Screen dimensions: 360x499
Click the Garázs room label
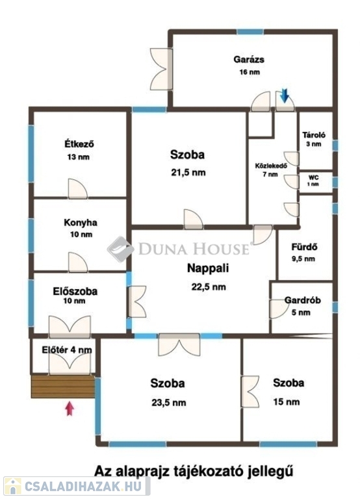point(249,60)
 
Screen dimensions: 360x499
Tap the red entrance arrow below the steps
point(70,409)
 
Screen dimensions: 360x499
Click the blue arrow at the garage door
point(284,96)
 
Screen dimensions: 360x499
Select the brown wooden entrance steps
point(63,387)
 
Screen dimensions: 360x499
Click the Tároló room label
point(314,135)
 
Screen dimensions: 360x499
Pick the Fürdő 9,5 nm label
point(304,252)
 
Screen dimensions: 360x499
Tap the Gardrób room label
point(302,300)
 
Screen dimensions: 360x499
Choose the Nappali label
point(208,268)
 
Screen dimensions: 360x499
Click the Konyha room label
point(81,222)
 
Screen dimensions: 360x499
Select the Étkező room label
point(79,144)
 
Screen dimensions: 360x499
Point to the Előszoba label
point(75,291)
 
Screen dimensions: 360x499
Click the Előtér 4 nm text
point(67,350)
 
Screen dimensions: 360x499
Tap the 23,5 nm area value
point(169,403)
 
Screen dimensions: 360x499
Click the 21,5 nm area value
point(188,173)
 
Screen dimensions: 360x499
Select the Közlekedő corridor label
point(271,166)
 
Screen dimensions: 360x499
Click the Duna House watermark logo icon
point(120,249)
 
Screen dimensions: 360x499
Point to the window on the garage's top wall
point(250,32)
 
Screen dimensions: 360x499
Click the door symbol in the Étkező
point(78,188)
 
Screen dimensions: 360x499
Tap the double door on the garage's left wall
point(161,69)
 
